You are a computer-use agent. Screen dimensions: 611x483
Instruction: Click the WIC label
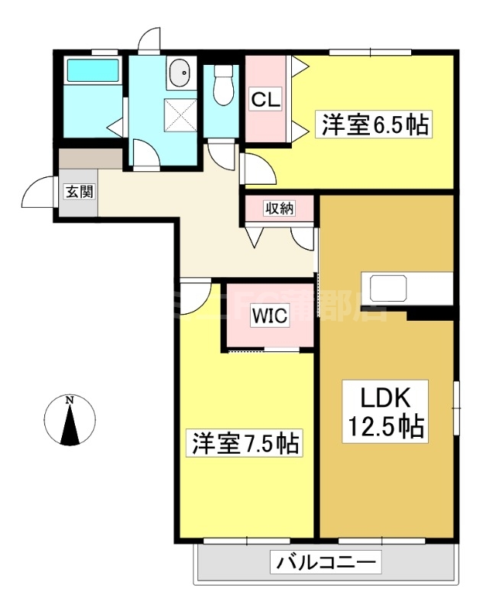pos(270,316)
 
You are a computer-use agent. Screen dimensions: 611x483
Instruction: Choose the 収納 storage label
pos(279,208)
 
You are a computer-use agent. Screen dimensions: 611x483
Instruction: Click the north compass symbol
pos(70,420)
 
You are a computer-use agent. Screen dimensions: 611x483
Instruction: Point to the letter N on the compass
pos(70,399)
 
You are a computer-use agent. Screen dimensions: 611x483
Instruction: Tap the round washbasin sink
pos(180,74)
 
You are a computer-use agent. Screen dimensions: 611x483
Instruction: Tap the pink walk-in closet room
pos(270,321)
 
